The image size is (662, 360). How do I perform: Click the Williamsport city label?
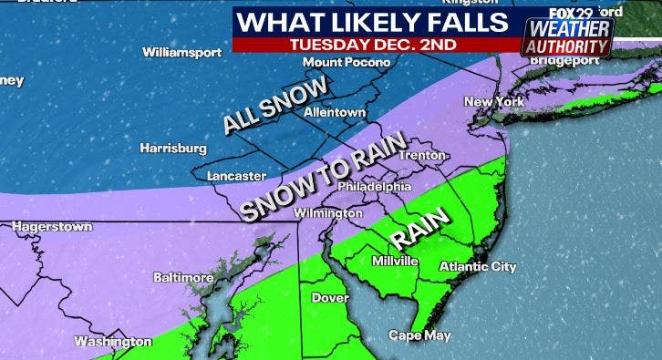(181, 52)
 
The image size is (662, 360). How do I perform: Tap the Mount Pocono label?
(347, 62)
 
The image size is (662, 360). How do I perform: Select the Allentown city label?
(335, 112)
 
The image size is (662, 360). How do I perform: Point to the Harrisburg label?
(173, 148)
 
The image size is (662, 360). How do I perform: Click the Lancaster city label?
(236, 175)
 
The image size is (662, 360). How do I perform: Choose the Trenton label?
(421, 155)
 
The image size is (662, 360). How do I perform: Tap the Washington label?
(112, 342)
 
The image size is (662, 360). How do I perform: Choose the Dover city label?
(330, 297)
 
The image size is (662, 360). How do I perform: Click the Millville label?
(395, 261)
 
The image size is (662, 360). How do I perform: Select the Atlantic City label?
(478, 267)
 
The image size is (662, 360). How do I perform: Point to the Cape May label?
(419, 335)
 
